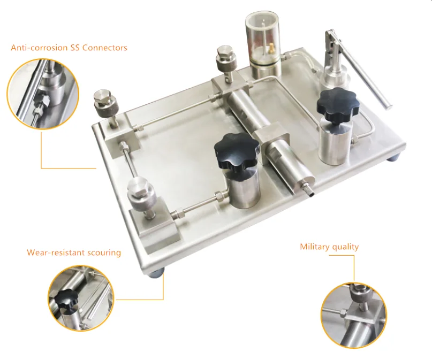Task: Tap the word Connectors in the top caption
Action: point(105,48)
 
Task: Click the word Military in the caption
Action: point(316,247)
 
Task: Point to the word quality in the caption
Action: point(346,247)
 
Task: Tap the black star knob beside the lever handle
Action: point(338,106)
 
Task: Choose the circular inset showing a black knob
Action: point(81,298)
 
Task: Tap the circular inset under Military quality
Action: point(354,316)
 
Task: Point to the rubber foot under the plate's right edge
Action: point(394,158)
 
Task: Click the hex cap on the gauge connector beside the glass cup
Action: point(225,52)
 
